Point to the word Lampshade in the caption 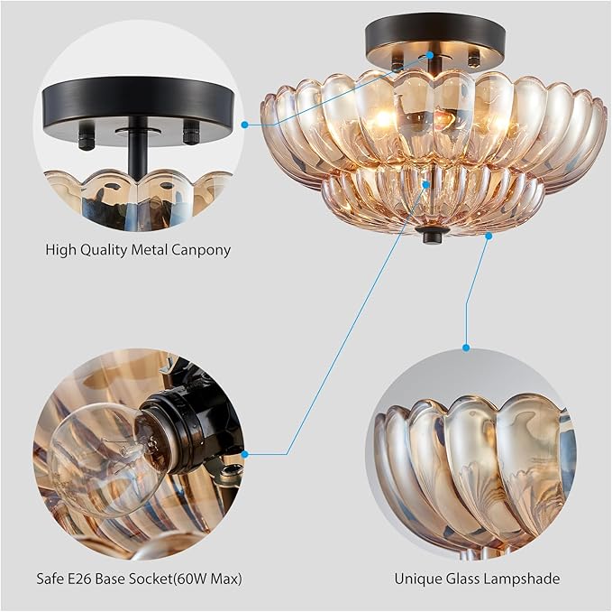524,578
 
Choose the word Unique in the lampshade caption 417,578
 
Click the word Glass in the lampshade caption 465,578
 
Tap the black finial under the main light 433,236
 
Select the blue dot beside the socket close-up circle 244,454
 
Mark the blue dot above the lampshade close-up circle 466,347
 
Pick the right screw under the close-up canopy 190,134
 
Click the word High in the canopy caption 60,249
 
